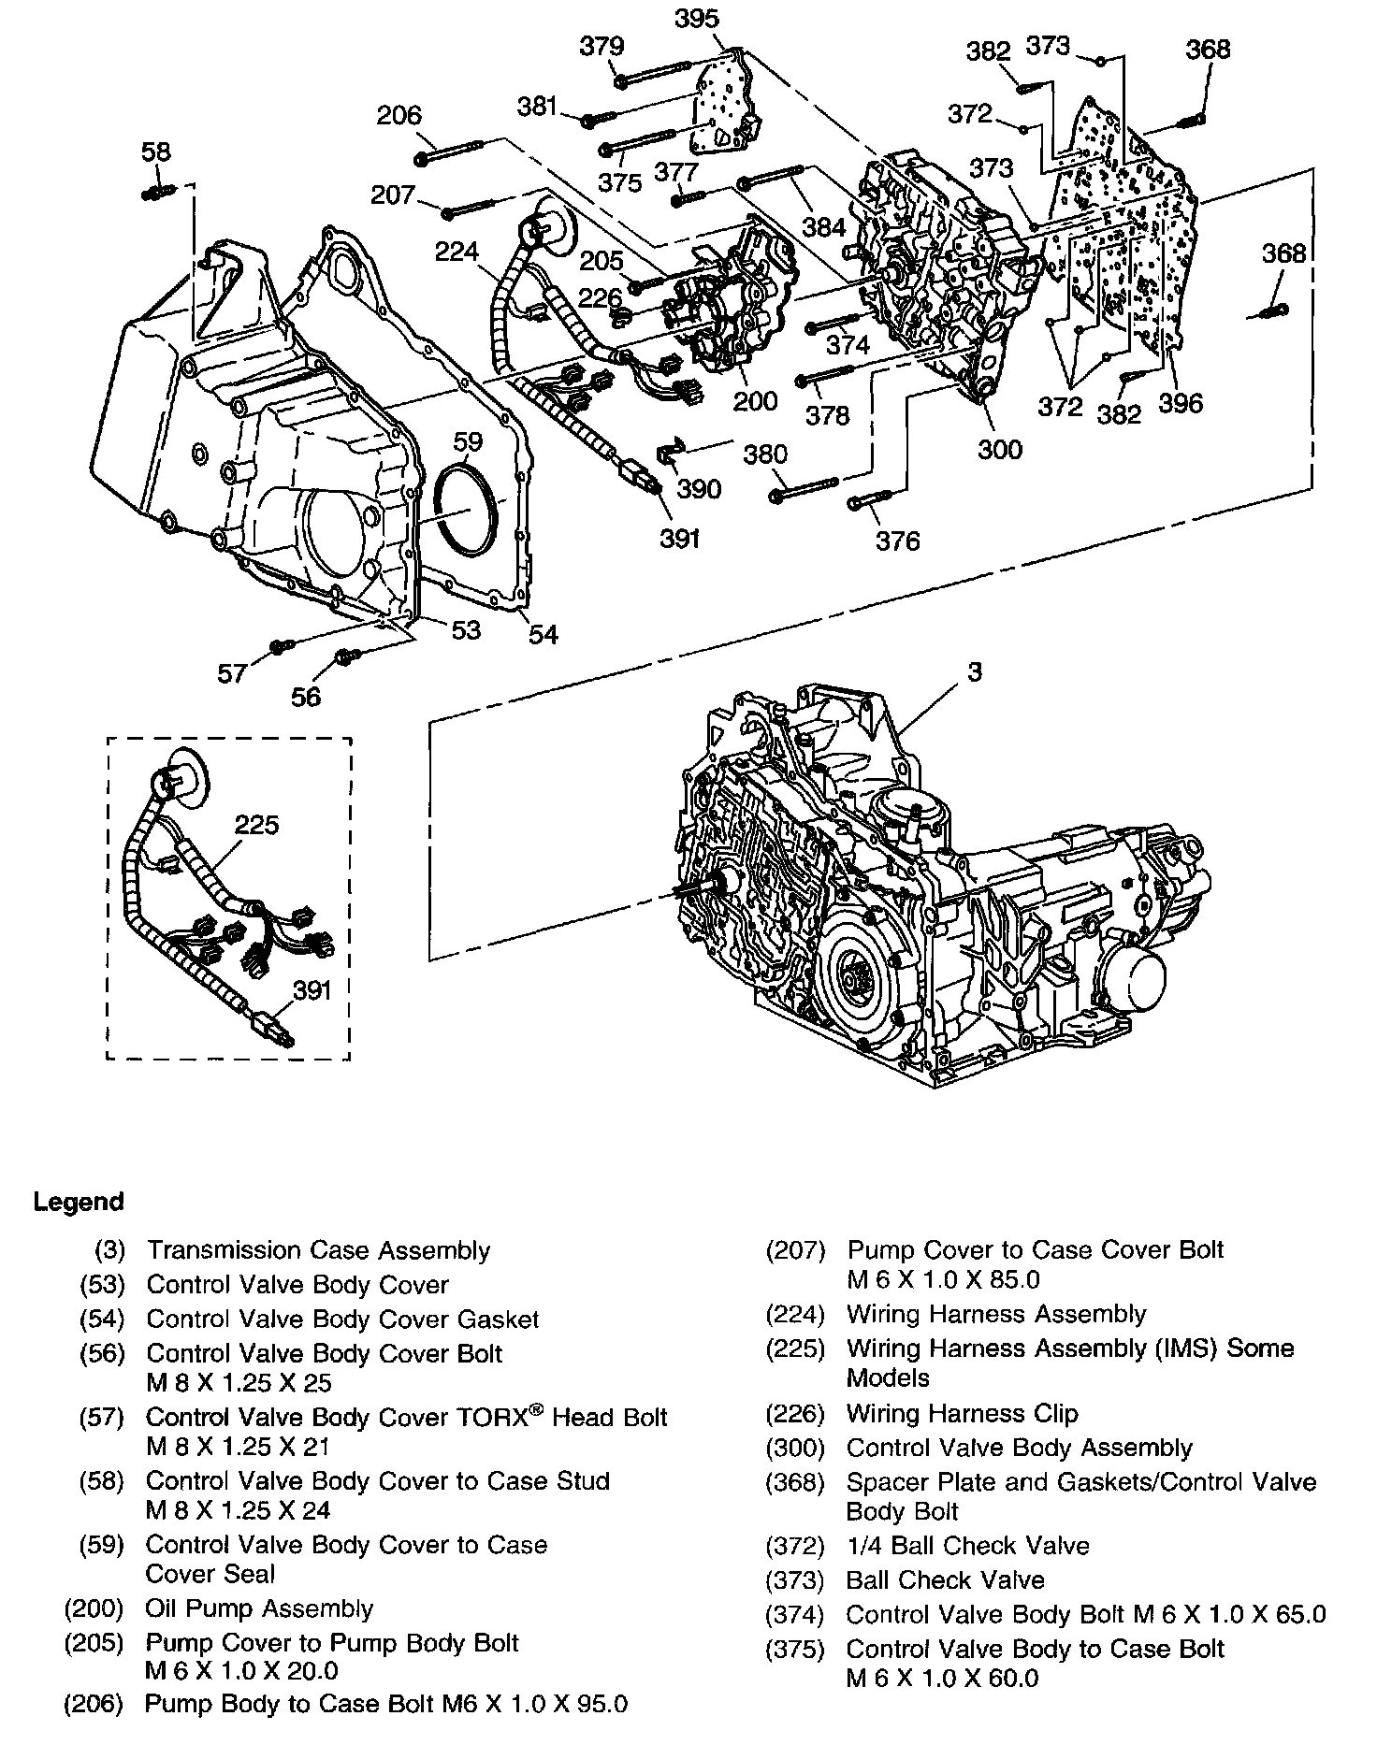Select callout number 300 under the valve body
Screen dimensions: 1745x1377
1000,449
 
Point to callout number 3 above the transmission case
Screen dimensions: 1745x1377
975,671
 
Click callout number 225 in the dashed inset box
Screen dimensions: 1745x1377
256,825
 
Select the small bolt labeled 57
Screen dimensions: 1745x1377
281,645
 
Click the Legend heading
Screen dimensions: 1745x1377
79,1202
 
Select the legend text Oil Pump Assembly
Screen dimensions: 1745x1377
259,1608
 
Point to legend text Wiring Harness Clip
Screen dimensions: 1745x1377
962,1413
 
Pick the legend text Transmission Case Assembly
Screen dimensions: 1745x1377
318,1250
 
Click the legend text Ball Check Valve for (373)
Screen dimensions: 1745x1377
945,1580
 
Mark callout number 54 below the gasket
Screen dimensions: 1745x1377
543,634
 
